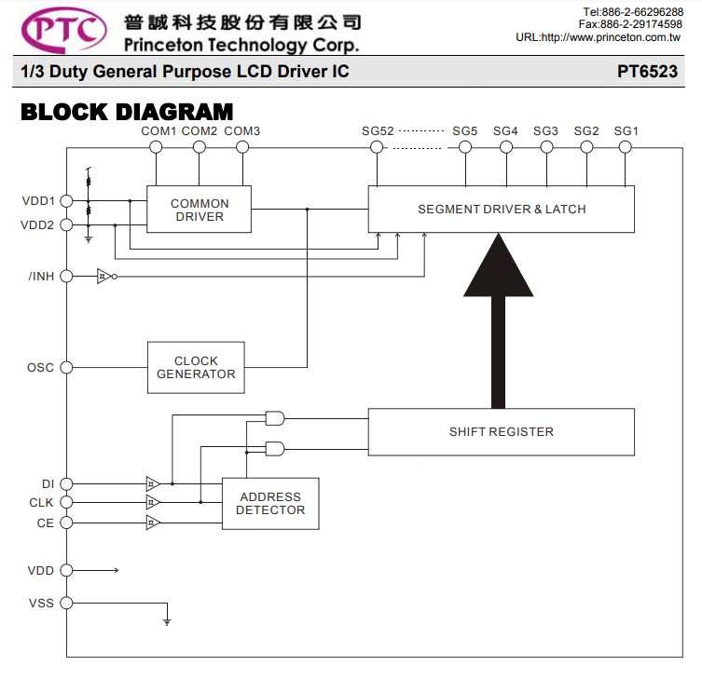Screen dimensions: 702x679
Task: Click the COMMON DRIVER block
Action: tap(199, 210)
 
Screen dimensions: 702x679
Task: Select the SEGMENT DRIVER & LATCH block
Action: tap(501, 210)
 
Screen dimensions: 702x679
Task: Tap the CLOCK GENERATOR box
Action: tap(196, 368)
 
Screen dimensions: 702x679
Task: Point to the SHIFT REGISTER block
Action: tap(501, 431)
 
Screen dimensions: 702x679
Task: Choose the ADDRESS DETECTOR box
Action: tap(270, 504)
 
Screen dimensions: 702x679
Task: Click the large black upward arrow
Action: tap(498, 321)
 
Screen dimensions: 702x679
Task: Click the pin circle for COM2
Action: tap(200, 147)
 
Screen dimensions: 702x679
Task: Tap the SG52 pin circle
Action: tap(377, 147)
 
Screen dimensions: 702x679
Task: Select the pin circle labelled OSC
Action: tap(66, 368)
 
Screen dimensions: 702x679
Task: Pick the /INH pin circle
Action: tap(66, 277)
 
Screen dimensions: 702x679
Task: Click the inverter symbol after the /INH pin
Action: tap(106, 277)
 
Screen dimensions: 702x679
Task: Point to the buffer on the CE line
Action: tap(153, 523)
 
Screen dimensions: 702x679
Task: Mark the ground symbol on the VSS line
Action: tap(167, 622)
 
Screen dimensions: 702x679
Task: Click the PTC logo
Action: tap(64, 31)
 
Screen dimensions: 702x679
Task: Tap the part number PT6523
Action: tap(647, 72)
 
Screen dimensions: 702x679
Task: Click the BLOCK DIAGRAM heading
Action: tap(127, 112)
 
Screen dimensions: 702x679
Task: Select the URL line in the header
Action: tap(599, 37)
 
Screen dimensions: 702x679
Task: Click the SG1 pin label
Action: tap(626, 131)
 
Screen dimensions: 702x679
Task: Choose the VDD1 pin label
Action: tap(38, 201)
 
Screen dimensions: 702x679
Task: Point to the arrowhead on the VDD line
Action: tap(116, 570)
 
